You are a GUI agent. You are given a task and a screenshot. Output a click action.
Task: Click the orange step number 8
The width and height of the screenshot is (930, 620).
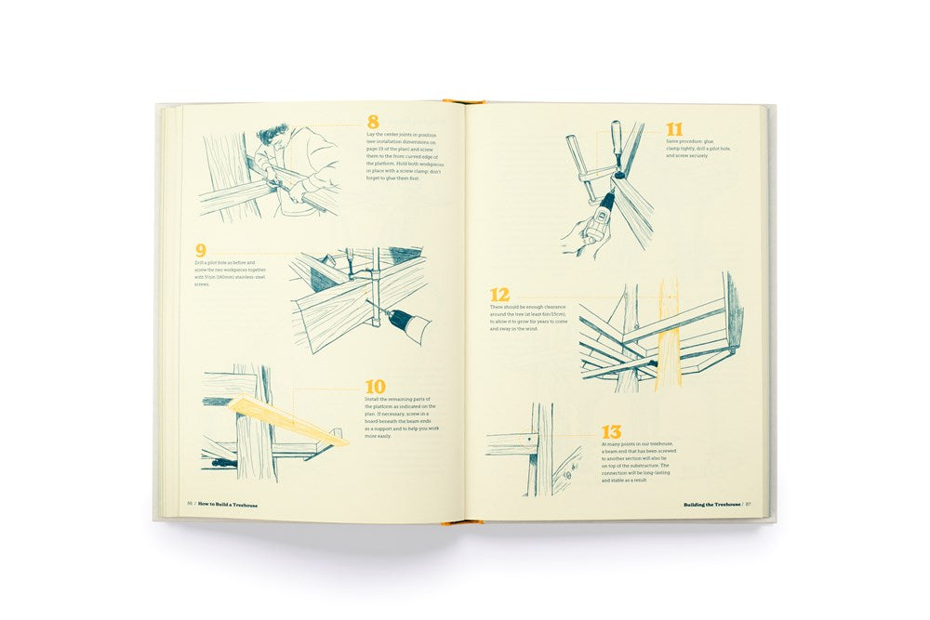point(373,122)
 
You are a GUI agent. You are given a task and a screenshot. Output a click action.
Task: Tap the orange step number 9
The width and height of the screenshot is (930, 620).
point(200,250)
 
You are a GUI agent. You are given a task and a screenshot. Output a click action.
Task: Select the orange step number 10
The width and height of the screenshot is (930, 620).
point(375,385)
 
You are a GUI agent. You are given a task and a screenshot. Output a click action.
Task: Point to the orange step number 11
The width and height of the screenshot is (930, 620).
point(674,130)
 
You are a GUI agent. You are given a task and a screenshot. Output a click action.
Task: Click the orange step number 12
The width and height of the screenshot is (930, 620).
point(499,295)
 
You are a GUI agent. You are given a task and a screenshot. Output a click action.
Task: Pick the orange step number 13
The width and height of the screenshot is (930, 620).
point(611,431)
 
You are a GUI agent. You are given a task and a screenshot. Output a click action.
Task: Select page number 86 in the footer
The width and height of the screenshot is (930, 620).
point(190,505)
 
